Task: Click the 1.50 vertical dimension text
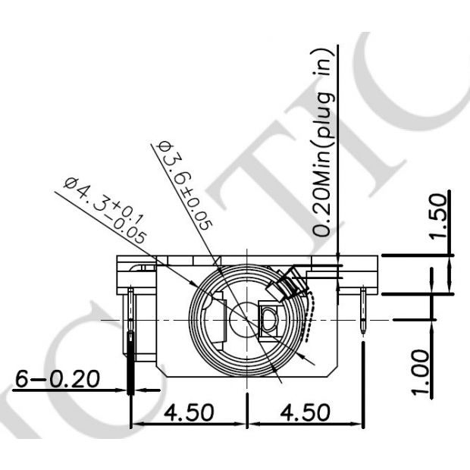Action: (440, 216)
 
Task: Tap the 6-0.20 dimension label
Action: (57, 378)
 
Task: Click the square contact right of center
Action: (268, 318)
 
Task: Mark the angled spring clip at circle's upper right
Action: (288, 285)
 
